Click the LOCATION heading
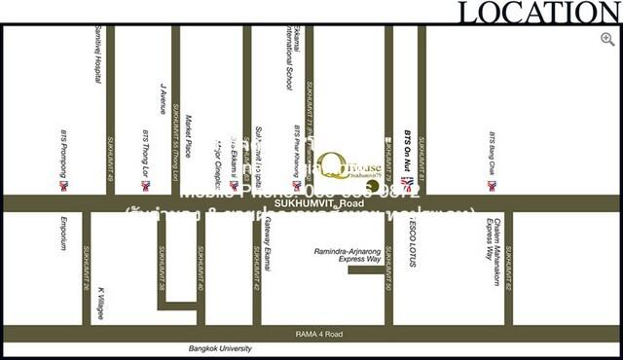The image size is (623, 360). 538,13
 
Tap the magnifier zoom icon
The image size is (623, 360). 607,37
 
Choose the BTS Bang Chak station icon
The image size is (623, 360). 493,184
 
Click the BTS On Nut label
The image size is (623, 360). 408,149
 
